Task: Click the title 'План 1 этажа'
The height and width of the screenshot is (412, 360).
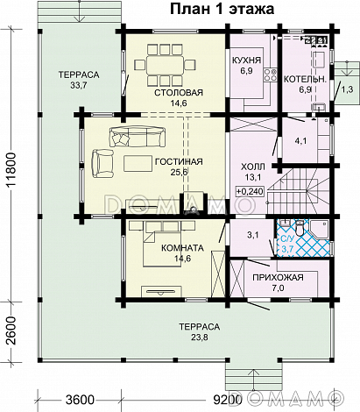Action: coord(222,9)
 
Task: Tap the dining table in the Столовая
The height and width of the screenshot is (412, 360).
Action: coord(166,65)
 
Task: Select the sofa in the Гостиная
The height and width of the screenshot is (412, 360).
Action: coord(136,137)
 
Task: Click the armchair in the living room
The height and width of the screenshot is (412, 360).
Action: coord(102,163)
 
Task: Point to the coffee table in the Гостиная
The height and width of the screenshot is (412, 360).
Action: coord(138,163)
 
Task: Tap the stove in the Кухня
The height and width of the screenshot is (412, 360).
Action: coord(270,75)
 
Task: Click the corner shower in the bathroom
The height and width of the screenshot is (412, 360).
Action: coord(321,231)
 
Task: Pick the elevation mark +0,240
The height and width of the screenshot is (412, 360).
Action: coord(250,192)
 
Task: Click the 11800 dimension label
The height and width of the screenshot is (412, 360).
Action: coord(12,170)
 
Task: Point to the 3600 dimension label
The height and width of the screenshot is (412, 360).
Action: coord(80,400)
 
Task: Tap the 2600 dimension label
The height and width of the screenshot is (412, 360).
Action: coord(12,330)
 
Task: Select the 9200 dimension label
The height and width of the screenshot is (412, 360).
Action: coord(228,400)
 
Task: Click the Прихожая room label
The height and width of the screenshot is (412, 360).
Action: coord(278,277)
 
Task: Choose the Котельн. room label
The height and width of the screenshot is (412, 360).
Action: coord(305,79)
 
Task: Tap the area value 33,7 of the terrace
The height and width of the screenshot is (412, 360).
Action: coord(79,85)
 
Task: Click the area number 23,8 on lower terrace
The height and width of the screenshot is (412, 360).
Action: coord(200,337)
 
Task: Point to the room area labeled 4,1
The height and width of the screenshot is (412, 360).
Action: coord(300,141)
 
